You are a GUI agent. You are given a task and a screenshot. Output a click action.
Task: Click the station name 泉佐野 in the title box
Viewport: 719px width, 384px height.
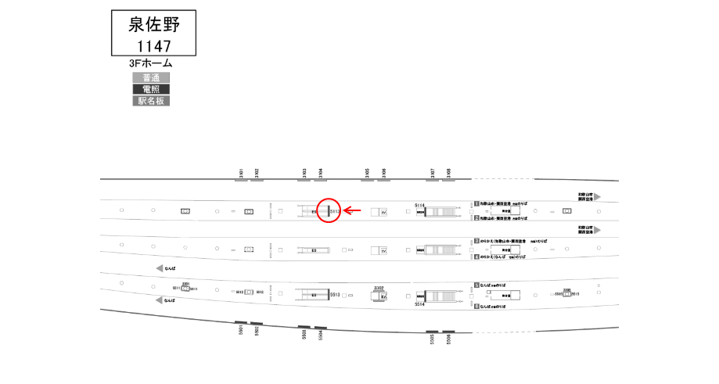(153, 24)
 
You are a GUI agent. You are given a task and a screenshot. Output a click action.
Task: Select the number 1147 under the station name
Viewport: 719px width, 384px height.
(153, 45)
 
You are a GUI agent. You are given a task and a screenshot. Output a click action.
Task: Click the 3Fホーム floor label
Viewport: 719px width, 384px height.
(151, 63)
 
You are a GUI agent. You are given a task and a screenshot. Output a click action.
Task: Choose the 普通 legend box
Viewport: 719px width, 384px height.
(151, 77)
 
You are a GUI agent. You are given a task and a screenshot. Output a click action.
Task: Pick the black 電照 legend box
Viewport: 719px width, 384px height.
(151, 89)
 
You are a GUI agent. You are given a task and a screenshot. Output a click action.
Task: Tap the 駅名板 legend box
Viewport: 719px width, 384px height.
(151, 101)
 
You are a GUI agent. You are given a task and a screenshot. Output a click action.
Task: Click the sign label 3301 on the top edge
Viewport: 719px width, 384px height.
(242, 173)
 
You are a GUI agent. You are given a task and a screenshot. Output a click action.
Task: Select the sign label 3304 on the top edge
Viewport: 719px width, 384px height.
(319, 173)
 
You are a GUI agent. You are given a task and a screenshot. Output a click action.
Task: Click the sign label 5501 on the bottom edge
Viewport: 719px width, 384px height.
(241, 331)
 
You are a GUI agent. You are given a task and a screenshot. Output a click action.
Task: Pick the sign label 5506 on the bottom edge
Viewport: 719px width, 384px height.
(449, 338)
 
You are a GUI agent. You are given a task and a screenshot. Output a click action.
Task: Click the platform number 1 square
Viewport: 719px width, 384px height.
(476, 203)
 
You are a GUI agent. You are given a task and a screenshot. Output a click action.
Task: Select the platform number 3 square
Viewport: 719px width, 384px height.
(476, 242)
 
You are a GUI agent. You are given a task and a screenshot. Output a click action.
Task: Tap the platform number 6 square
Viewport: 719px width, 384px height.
(476, 307)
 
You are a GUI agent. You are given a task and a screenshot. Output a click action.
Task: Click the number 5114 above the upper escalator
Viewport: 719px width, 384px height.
(419, 205)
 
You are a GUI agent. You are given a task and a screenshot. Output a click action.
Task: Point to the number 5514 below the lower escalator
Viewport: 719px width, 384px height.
(419, 306)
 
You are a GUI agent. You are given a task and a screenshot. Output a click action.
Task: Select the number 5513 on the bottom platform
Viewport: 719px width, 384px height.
(334, 295)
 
